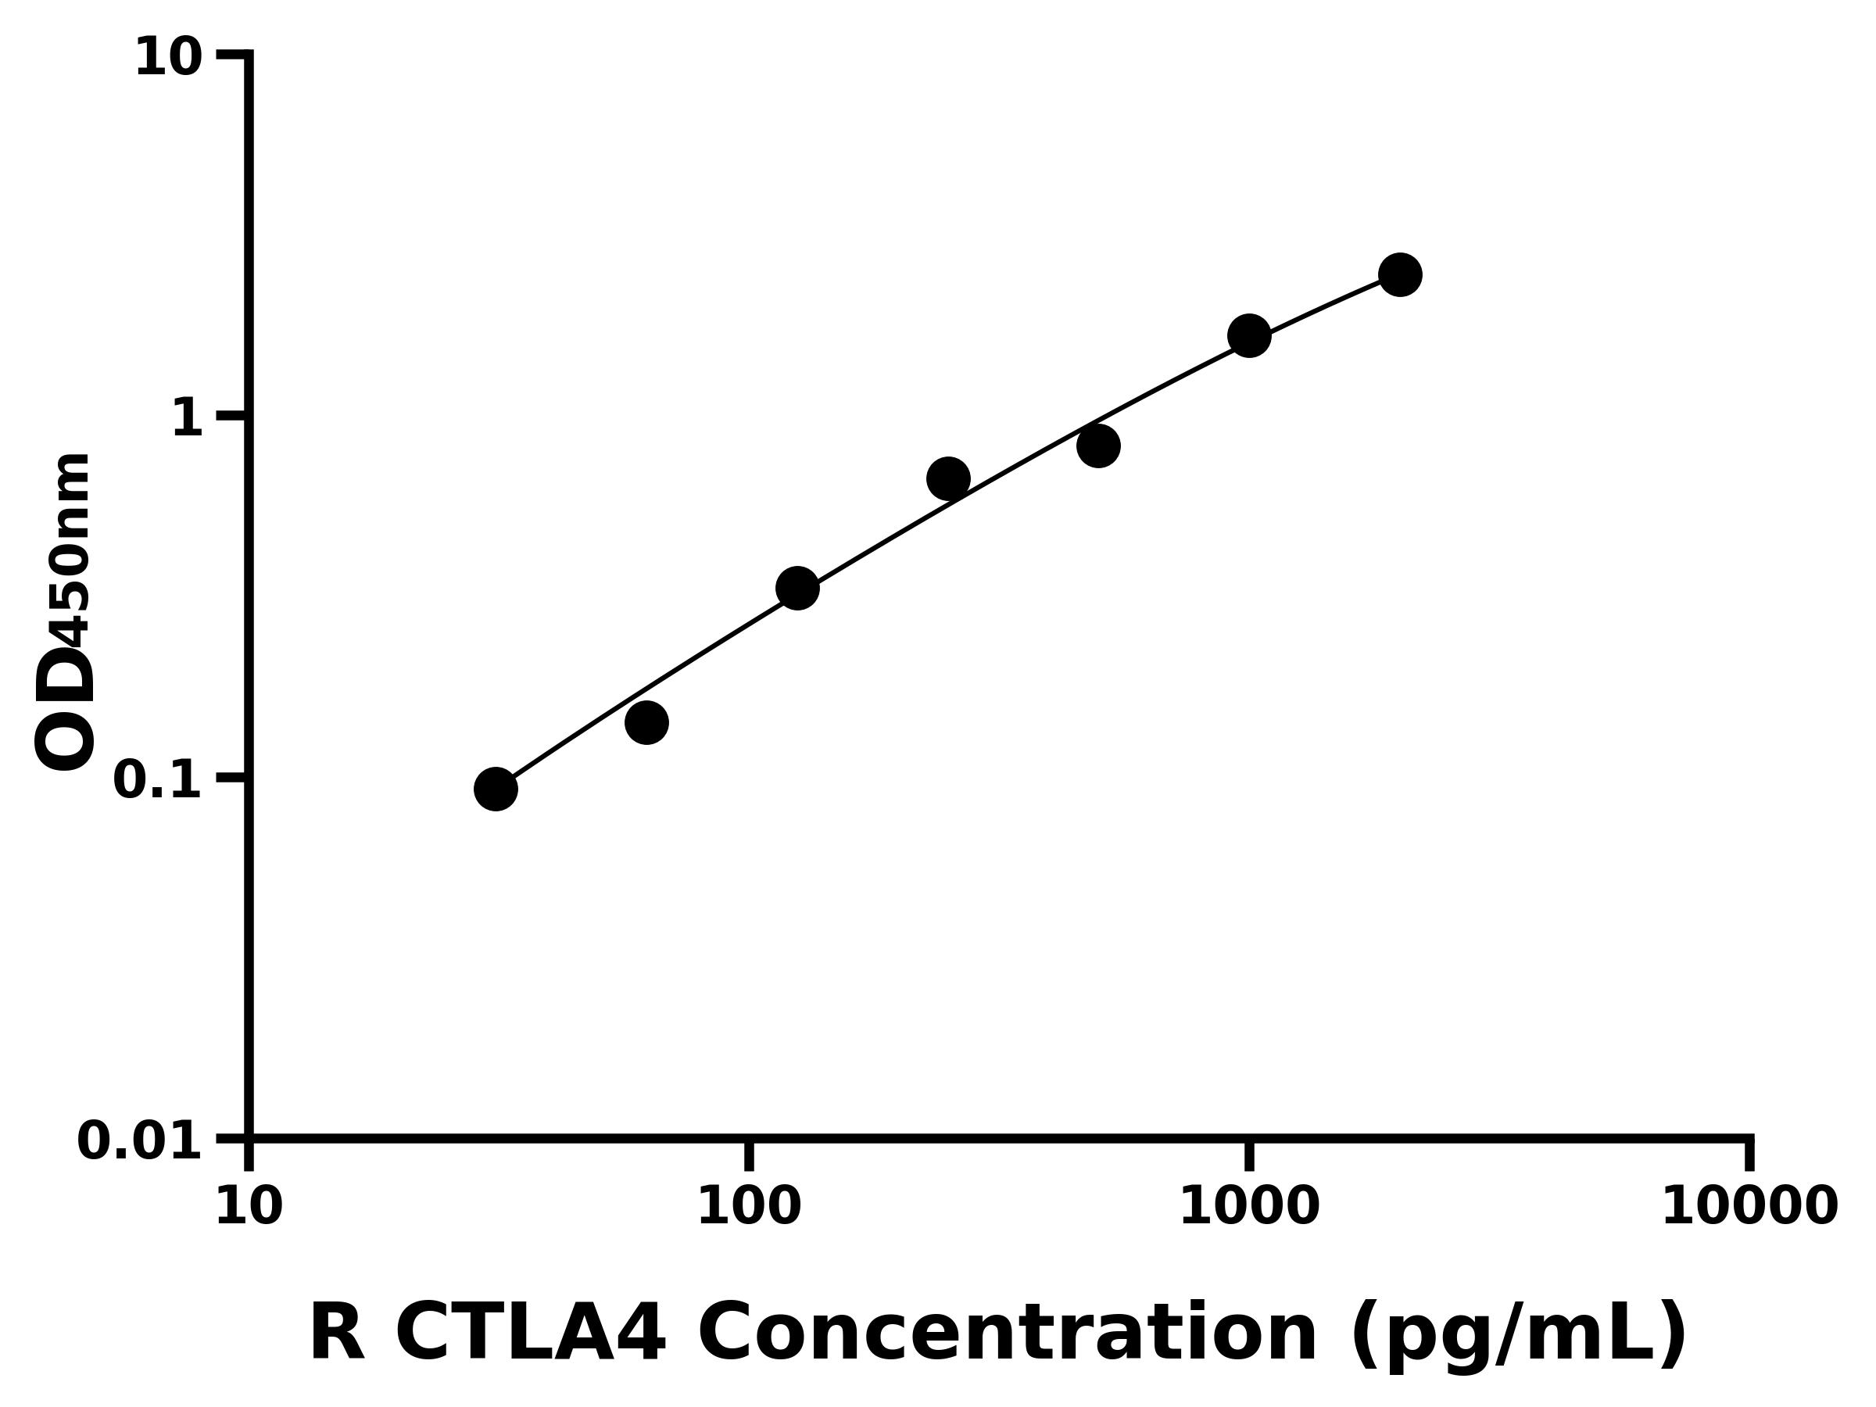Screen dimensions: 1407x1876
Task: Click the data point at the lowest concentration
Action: [496, 789]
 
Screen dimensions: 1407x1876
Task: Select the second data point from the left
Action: [647, 722]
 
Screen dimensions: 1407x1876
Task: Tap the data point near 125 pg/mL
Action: [797, 589]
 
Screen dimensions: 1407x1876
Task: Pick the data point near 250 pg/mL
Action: [948, 479]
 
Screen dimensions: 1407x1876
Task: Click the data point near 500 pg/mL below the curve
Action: [1098, 446]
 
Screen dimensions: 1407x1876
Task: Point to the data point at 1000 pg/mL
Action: [1249, 337]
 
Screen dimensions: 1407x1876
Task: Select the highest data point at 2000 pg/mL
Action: [1400, 275]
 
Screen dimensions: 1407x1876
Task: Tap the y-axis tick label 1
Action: [188, 419]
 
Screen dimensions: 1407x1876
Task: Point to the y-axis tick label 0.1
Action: [158, 780]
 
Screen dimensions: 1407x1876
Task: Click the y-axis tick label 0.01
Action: [140, 1141]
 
